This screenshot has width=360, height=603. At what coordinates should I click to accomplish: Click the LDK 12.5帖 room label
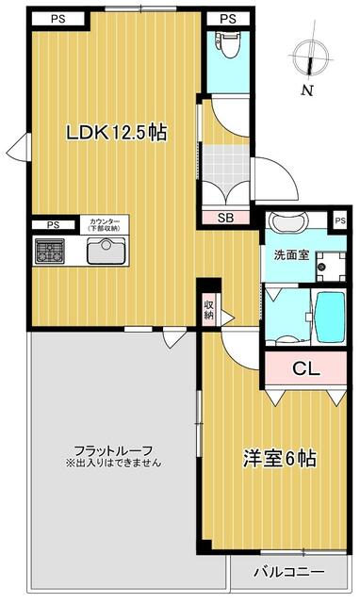coord(117,133)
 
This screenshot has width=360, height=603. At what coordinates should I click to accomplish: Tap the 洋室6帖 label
coord(280,458)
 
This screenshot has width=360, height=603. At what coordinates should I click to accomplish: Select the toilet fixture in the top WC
coord(227,44)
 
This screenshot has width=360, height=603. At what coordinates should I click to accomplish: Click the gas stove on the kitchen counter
coord(50,252)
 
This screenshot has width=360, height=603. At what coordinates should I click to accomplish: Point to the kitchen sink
coord(106,252)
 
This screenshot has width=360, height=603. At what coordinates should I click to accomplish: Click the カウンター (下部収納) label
coord(105,224)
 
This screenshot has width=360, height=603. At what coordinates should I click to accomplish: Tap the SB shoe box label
coord(226,218)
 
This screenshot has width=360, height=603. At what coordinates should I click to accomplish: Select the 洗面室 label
coord(291,255)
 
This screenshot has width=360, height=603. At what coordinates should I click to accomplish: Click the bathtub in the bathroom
coord(330,318)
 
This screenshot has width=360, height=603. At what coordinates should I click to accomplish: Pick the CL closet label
coord(306,368)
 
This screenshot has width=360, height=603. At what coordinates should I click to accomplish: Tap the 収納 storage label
coord(209,310)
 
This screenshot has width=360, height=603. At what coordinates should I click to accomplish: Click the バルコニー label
coord(288,572)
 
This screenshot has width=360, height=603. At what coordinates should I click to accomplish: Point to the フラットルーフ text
coord(113,450)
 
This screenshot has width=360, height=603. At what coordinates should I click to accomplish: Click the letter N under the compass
coord(307,90)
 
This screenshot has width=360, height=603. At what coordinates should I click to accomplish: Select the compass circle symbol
coord(311,57)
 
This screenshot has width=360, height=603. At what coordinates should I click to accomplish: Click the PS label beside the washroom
coord(340,220)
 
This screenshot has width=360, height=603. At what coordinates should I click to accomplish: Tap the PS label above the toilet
coord(228,19)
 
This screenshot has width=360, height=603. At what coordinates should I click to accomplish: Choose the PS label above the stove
coord(53,225)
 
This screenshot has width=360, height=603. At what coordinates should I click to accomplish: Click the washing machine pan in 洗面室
coord(331,267)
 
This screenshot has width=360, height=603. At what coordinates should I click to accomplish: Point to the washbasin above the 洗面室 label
coord(289,221)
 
